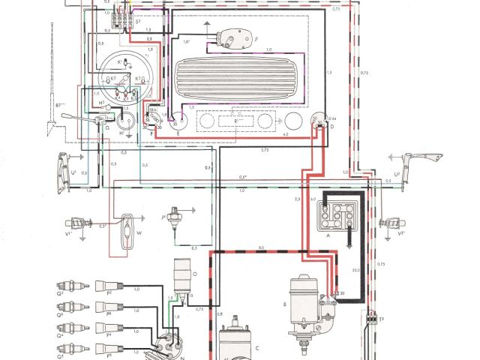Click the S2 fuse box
(121, 22)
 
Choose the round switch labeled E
(178, 121)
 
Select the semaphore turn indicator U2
(409, 165)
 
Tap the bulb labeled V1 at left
(75, 223)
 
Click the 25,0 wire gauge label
(355, 268)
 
